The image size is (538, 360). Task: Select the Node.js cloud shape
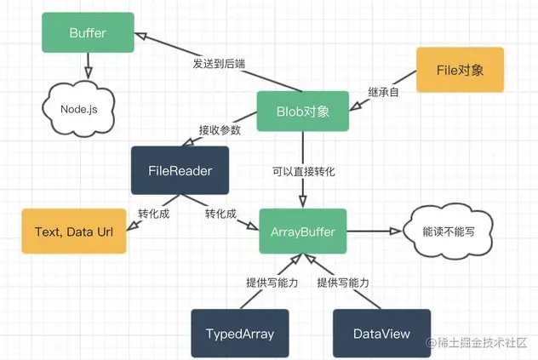click(82, 109)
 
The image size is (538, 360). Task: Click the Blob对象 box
click(303, 111)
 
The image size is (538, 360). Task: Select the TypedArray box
click(240, 334)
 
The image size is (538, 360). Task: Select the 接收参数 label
click(220, 130)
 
